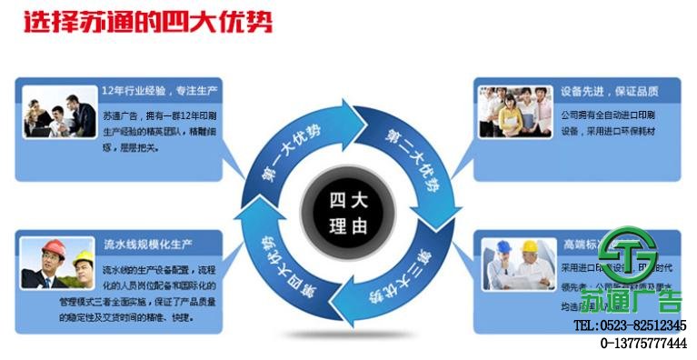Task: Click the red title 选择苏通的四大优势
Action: [x=146, y=23]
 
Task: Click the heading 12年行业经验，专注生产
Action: [x=161, y=92]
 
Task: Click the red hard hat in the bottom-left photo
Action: [x=55, y=247]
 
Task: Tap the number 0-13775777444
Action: [x=643, y=343]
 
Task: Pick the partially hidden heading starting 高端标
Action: [x=582, y=245]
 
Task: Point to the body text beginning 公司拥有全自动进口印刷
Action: [x=608, y=123]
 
